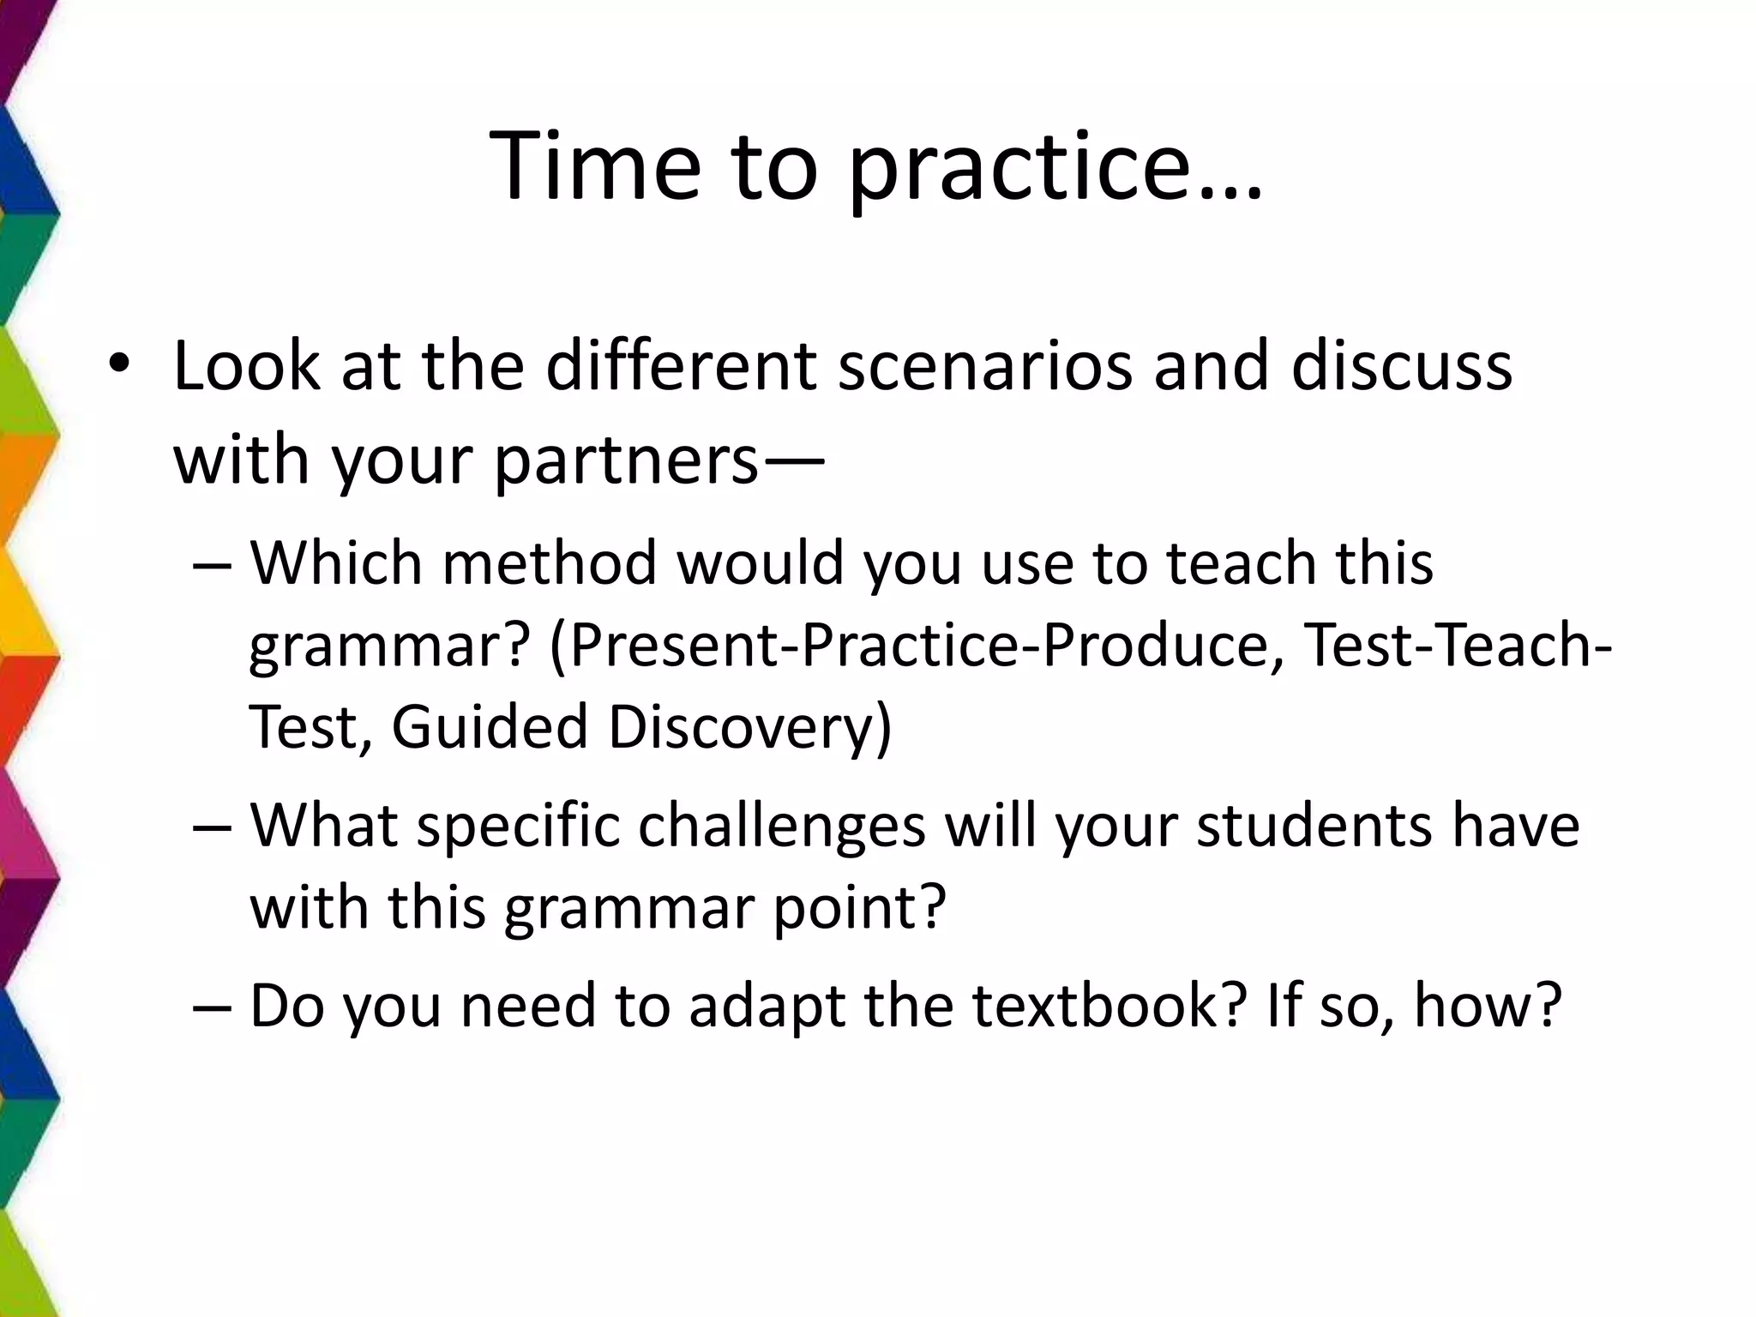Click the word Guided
pos(490,727)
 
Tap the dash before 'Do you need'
pos(213,1007)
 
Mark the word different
pos(682,367)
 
